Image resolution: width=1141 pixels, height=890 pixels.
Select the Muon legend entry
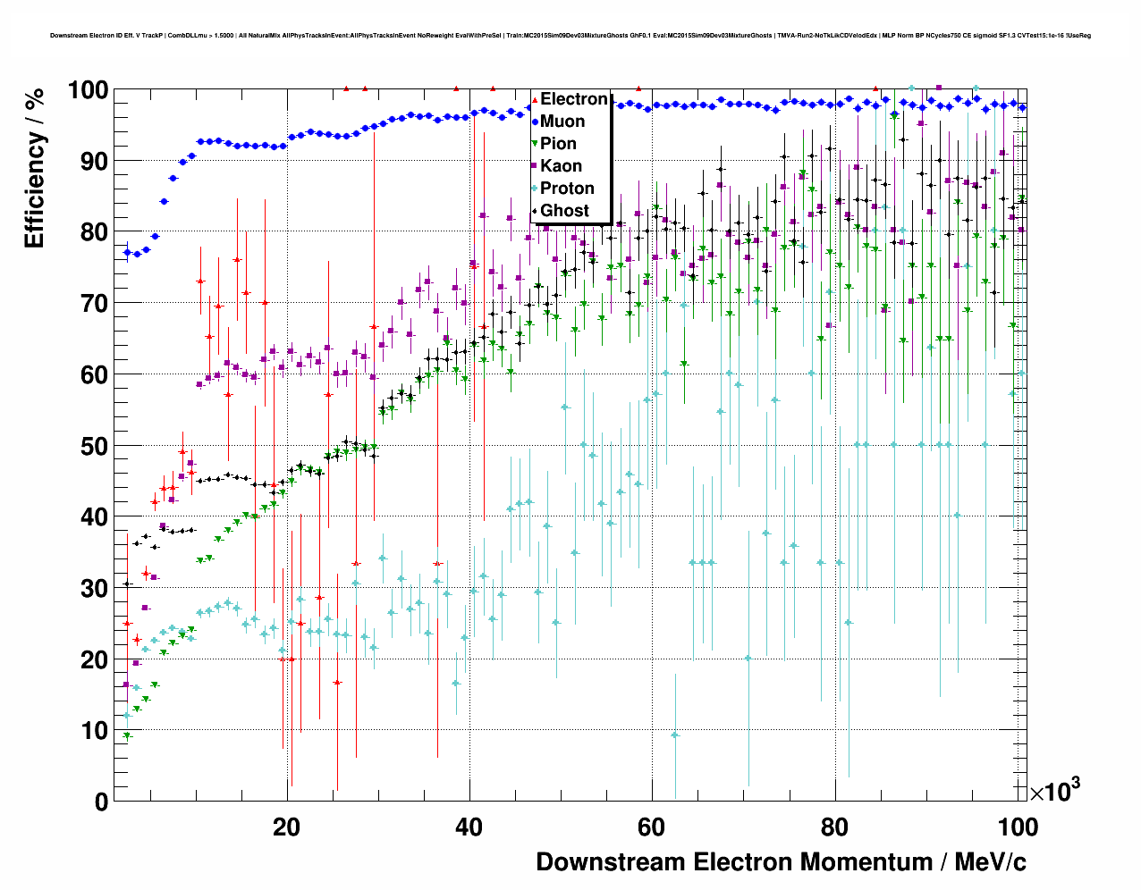pyautogui.click(x=562, y=122)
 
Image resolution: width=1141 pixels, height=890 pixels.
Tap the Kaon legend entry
pyautogui.click(x=561, y=166)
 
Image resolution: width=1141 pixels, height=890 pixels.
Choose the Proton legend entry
pyautogui.click(x=567, y=189)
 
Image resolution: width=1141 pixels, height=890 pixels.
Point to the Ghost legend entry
pyautogui.click(x=564, y=211)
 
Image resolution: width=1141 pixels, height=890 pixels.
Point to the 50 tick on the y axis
pyautogui.click(x=95, y=446)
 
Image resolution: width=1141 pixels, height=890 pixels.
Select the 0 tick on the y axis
pyautogui.click(x=101, y=802)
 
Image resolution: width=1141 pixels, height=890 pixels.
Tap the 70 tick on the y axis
pyautogui.click(x=95, y=304)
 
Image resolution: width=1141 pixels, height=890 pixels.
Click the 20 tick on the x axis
pyautogui.click(x=287, y=827)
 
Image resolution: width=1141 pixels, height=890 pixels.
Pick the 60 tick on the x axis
pyautogui.click(x=652, y=827)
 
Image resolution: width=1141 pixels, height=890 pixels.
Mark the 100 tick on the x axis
pyautogui.click(x=1018, y=827)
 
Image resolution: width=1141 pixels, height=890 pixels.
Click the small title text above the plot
pyautogui.click(x=570, y=36)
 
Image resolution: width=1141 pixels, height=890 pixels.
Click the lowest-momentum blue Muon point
pyautogui.click(x=127, y=253)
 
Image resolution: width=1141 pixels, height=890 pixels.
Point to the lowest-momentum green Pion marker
pyautogui.click(x=127, y=736)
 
